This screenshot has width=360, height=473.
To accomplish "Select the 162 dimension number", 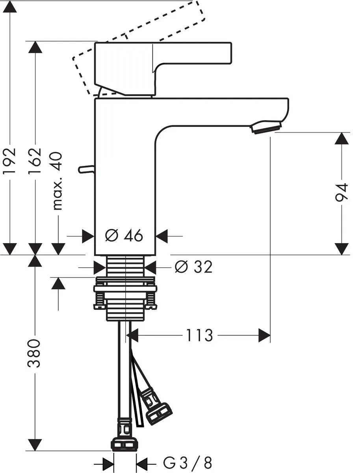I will tap(35, 160).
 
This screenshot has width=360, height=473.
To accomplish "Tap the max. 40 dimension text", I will tap(58, 181).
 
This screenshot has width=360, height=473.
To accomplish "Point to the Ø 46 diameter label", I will tap(124, 236).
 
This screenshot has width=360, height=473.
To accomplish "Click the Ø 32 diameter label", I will tap(193, 267).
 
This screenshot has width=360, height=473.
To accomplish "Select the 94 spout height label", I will tap(341, 192).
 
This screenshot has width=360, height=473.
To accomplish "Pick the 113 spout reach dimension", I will tap(199, 336).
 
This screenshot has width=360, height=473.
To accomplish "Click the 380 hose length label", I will tap(35, 353).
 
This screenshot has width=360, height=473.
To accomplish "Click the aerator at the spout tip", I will tap(266, 128).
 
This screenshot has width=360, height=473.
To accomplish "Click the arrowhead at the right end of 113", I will tap(265, 336).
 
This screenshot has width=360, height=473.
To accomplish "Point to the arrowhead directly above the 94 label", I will tap(341, 139).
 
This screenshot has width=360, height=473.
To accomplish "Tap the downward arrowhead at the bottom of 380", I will tap(35, 445).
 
